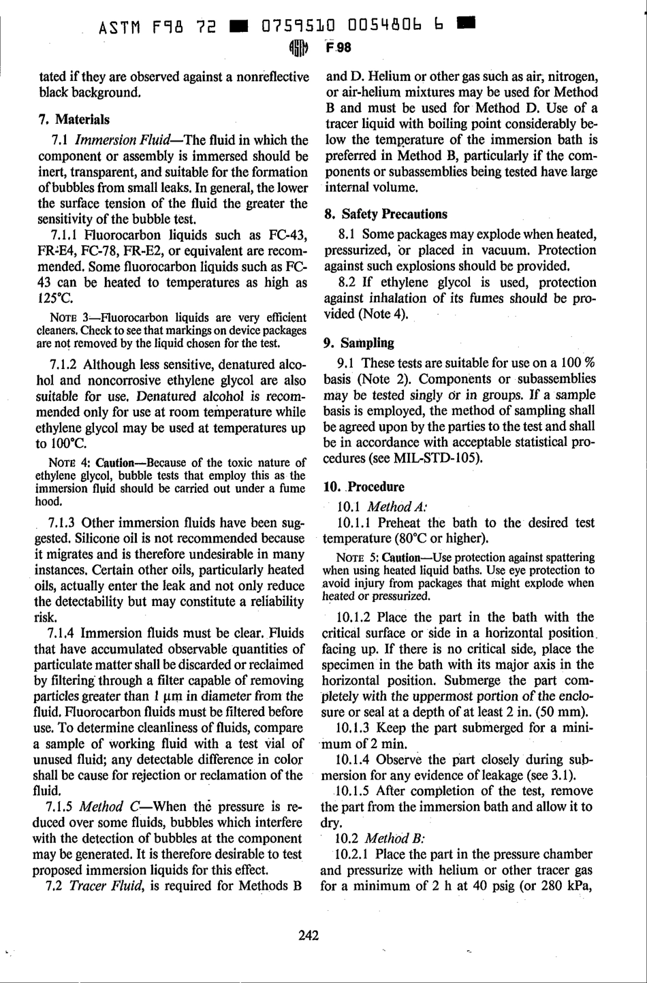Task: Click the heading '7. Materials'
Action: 74,119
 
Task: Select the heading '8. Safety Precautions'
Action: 385,214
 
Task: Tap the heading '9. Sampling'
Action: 359,342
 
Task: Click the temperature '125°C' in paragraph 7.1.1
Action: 57,298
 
